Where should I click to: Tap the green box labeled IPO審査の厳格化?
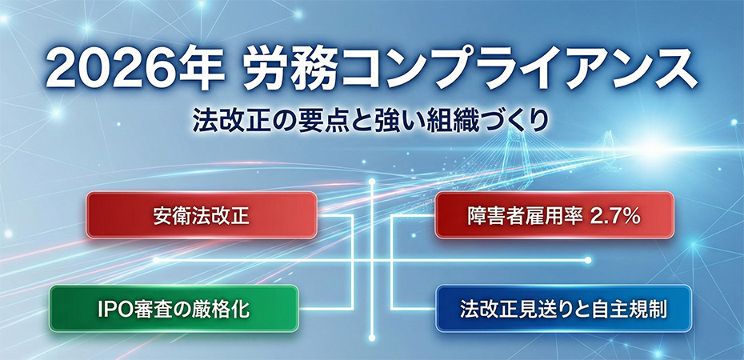[173, 308]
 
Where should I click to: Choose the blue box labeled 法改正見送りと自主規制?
[564, 308]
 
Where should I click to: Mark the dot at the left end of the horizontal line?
[155, 260]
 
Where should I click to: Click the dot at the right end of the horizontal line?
[588, 260]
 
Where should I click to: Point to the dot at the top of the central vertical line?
[373, 183]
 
